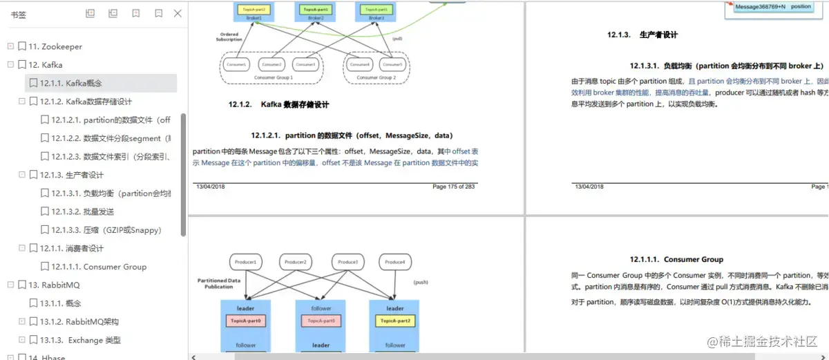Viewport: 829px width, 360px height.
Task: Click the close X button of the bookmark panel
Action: (x=178, y=13)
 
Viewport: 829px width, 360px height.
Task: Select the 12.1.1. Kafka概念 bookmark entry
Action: (x=70, y=83)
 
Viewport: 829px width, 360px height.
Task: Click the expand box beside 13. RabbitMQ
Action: (x=10, y=285)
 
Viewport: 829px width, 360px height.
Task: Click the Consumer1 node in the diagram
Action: (x=236, y=64)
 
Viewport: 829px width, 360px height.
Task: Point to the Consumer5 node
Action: (x=392, y=64)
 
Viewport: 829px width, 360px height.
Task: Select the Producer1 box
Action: (x=247, y=262)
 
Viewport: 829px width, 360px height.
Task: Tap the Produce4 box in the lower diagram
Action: (x=395, y=262)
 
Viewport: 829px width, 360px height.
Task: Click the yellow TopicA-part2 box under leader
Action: (x=394, y=321)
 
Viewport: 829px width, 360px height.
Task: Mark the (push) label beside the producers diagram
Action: (x=421, y=283)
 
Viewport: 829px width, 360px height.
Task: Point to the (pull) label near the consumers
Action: (x=397, y=39)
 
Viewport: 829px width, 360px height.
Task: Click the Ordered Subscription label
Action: (x=229, y=37)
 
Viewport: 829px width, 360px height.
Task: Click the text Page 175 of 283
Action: (x=454, y=187)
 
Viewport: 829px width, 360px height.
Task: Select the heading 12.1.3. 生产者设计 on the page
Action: (x=642, y=35)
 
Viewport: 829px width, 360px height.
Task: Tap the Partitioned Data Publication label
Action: (x=219, y=283)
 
